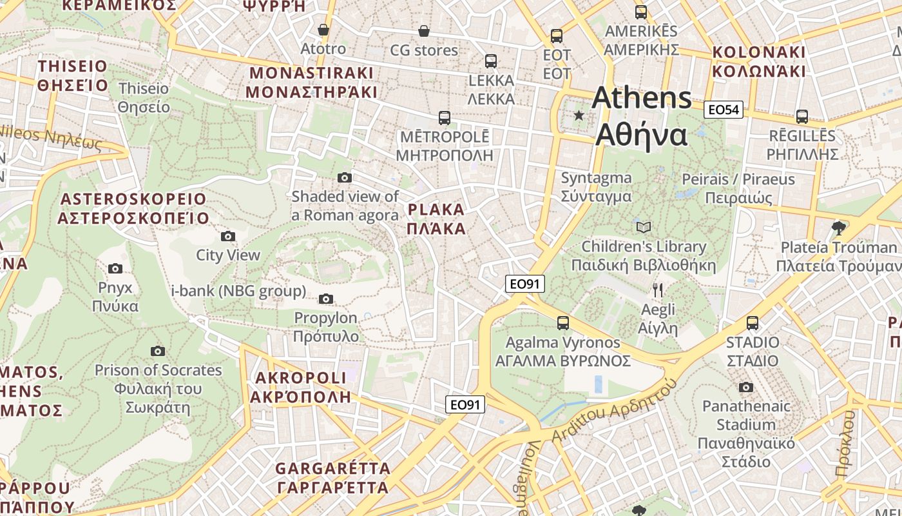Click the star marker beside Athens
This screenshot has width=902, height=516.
coord(579,115)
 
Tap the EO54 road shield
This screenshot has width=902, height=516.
coord(723,110)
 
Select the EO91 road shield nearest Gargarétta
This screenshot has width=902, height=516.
coord(465,404)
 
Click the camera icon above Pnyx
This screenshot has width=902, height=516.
coord(115,268)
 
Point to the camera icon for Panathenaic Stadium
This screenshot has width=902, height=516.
coord(745,387)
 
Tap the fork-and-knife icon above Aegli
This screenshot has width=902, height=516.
coord(658,290)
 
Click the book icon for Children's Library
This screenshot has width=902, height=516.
coord(643,227)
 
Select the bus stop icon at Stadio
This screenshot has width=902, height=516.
coord(752,323)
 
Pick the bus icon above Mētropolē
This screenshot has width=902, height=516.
coord(444,117)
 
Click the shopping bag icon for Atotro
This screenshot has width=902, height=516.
coord(323,30)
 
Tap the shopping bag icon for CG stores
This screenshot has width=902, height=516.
coord(424,31)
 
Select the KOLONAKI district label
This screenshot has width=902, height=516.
coord(758,61)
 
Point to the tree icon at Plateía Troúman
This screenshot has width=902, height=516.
coord(838,228)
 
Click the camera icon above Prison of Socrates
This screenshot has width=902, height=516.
coord(158,351)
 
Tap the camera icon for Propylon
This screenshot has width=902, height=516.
coord(326,299)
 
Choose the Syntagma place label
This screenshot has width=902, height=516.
coord(596,186)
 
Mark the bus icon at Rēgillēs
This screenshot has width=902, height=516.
coord(801,117)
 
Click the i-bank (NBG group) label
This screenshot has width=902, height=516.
coord(238,291)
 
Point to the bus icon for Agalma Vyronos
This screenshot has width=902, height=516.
coord(563,322)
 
